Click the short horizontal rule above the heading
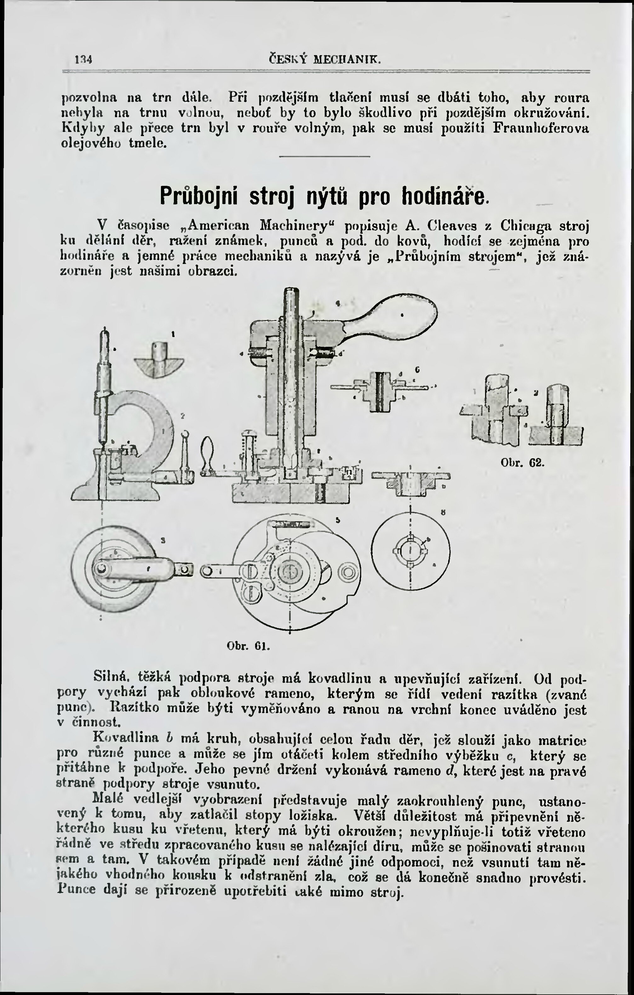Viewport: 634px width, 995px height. coord(324,156)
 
